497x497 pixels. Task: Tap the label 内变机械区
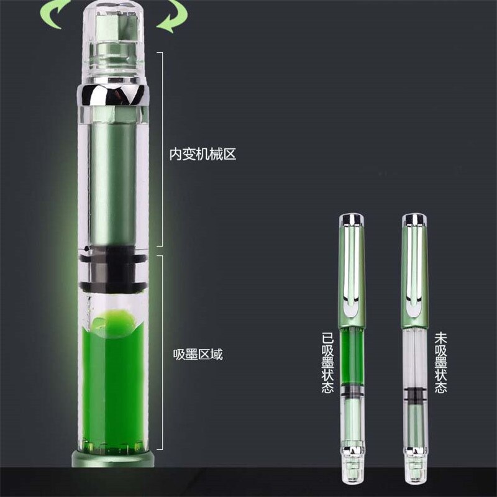(203, 154)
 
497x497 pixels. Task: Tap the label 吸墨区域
(198, 354)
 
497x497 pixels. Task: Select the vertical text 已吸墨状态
(327, 362)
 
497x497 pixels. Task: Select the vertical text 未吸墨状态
(441, 362)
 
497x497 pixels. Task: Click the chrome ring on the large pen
(113, 95)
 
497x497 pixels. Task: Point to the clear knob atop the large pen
(113, 43)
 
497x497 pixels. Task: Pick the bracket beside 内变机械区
(162, 149)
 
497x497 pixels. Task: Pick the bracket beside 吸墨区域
(162, 352)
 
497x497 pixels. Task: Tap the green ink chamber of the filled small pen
(352, 357)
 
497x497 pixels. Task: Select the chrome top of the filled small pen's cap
(352, 217)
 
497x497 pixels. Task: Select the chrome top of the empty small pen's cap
(414, 217)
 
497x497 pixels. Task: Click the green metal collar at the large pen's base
(113, 458)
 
